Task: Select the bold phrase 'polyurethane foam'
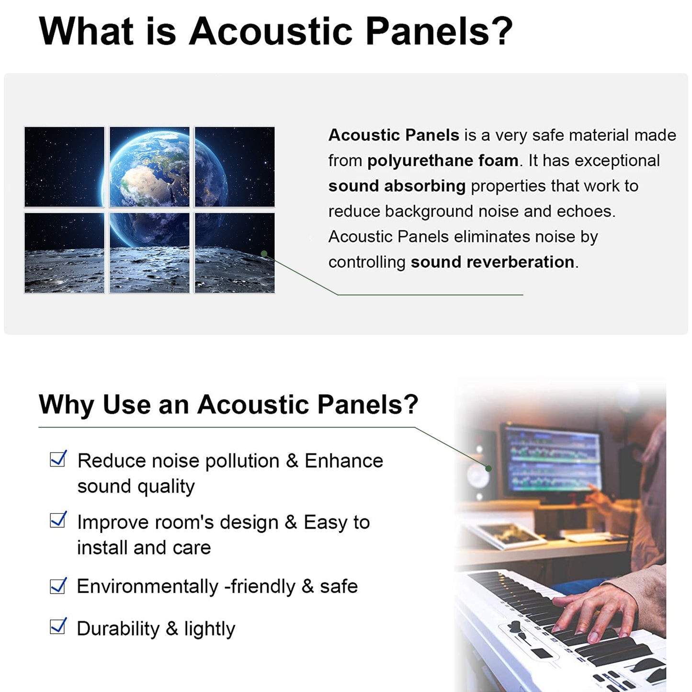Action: (443, 160)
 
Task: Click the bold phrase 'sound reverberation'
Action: (492, 262)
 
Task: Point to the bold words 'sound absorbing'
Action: (397, 186)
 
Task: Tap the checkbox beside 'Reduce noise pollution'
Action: (58, 459)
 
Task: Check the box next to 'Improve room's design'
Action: (58, 520)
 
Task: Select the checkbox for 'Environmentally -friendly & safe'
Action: (58, 586)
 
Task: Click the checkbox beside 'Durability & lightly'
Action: (58, 626)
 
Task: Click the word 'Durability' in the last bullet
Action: (118, 629)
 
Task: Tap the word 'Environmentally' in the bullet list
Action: (147, 587)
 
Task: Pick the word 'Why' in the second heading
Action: (67, 405)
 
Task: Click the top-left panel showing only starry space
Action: (64, 167)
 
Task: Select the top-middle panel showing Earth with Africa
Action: (149, 167)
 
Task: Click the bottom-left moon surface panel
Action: (64, 253)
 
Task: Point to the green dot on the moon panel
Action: (264, 254)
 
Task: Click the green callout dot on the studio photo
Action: (488, 468)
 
